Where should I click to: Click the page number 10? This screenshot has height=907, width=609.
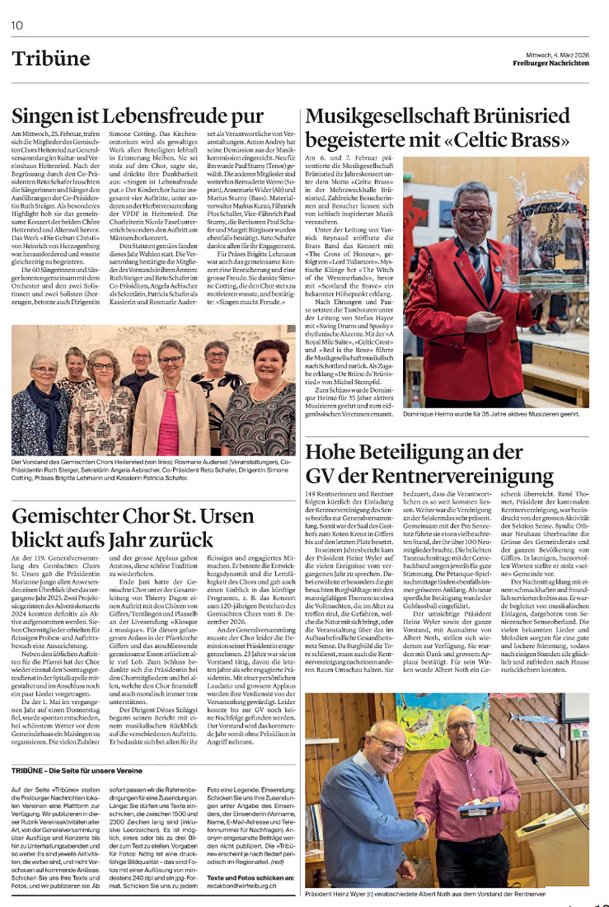click(x=17, y=25)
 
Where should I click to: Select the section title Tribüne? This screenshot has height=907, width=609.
click(x=51, y=59)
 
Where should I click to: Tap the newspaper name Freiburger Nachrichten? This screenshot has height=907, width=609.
click(x=550, y=63)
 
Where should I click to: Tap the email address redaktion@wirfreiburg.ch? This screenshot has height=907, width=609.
click(x=241, y=885)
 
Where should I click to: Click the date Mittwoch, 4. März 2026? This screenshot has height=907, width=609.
click(x=557, y=55)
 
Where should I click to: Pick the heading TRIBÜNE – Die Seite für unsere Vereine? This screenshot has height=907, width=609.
click(x=77, y=771)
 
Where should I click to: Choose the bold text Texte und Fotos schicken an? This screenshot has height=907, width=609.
click(x=250, y=877)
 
